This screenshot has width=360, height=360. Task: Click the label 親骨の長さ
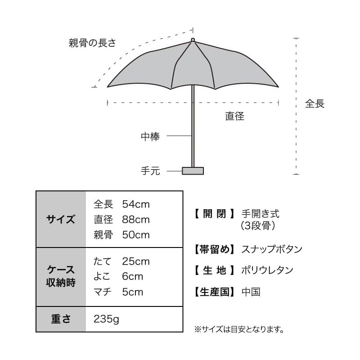coord(92,43)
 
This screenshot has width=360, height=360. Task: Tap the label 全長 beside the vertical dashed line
coord(315,103)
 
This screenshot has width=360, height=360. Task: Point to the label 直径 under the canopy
coord(235,116)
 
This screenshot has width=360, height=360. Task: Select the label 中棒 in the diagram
coord(150,136)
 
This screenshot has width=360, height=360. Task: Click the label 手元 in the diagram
coord(150,171)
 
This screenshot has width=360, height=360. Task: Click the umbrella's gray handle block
coord(193,171)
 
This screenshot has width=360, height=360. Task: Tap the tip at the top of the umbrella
coord(193,40)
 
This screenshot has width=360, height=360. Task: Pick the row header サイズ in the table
coord(61,220)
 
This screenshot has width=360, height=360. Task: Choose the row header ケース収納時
coord(61,276)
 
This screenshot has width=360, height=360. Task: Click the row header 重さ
coord(61,319)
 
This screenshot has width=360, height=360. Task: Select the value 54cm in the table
coord(136,204)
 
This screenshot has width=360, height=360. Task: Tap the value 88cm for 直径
coord(136,220)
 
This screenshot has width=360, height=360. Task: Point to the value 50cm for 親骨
coord(136,235)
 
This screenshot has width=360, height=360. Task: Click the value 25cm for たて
coord(136,261)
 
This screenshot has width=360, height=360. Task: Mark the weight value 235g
coord(107,319)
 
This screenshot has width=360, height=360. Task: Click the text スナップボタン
coord(272,249)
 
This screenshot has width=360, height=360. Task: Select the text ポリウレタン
coord(267,270)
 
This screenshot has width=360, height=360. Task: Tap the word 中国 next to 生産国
coord(251,292)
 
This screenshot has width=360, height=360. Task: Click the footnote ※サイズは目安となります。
coord(239,329)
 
